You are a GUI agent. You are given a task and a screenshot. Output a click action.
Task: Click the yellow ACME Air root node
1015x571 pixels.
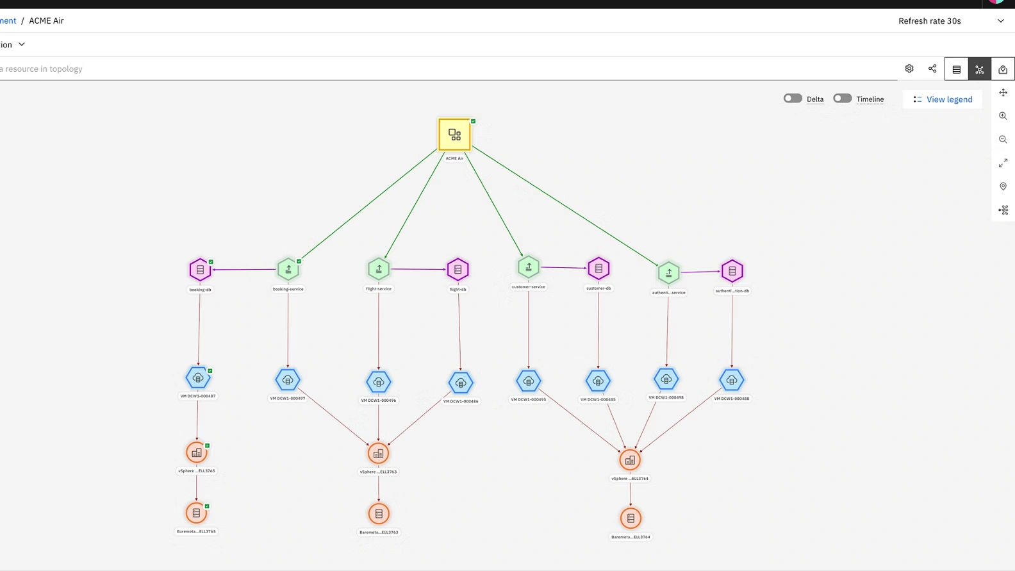(454, 135)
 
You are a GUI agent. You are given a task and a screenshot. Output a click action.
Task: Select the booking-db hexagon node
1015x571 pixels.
(200, 270)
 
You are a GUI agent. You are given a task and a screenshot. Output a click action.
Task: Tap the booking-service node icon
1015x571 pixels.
(288, 270)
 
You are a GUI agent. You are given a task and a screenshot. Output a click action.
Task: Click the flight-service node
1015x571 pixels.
(379, 269)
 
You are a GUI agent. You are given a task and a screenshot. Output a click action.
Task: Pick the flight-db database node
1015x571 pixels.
(458, 270)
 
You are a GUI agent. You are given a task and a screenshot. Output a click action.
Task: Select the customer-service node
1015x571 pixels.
(529, 267)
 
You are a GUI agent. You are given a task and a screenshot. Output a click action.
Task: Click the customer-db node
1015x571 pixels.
(598, 269)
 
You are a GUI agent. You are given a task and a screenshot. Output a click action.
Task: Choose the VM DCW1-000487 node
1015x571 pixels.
(198, 378)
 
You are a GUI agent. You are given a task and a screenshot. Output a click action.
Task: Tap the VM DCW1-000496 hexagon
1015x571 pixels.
(379, 382)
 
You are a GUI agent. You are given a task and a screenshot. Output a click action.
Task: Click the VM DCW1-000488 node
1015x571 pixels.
(732, 380)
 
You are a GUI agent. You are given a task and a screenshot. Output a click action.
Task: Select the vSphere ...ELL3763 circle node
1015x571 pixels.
(379, 454)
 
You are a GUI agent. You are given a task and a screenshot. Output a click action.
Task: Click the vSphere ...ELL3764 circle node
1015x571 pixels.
(631, 460)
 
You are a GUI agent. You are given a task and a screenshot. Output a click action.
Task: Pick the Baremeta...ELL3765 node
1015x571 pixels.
(197, 513)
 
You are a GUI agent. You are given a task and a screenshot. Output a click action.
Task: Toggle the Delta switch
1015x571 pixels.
(793, 99)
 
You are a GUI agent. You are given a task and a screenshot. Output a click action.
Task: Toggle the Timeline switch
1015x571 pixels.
(842, 99)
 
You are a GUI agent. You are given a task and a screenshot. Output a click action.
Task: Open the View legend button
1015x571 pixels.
(943, 99)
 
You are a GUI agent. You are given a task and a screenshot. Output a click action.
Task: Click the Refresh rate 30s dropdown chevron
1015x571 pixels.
(1001, 21)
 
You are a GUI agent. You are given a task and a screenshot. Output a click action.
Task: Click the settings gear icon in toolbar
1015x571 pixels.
(909, 69)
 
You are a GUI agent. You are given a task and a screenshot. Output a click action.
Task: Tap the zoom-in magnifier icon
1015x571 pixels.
(1003, 116)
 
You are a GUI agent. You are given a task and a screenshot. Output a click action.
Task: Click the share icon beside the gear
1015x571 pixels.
(932, 69)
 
